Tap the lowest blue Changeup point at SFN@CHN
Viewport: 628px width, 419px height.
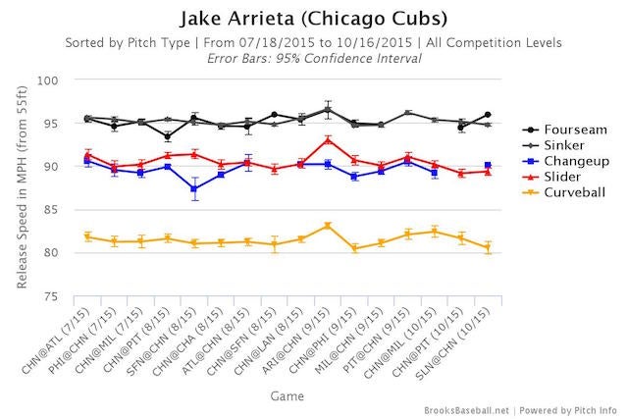point(194,188)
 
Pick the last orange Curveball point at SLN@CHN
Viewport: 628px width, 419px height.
point(488,248)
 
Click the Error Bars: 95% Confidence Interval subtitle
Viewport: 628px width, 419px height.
point(314,59)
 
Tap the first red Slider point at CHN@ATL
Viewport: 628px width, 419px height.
point(88,154)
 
